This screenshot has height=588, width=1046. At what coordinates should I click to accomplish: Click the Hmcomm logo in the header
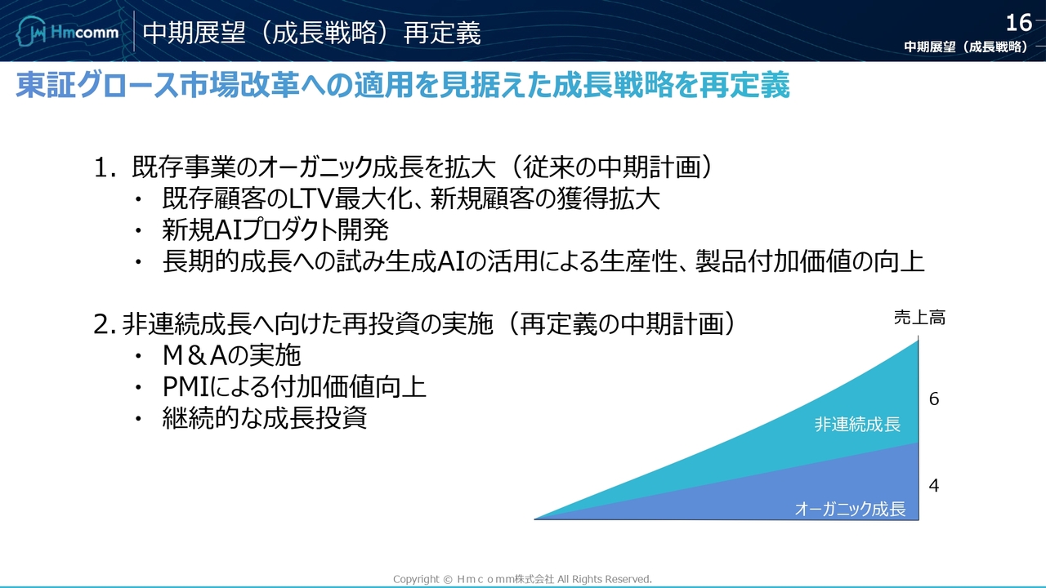coord(67,31)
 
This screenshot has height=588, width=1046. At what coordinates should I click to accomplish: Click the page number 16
coord(1018,23)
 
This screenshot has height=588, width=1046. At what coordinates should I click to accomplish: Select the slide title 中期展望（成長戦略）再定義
coord(311,33)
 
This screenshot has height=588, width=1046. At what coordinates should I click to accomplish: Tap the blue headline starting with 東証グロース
coord(403,85)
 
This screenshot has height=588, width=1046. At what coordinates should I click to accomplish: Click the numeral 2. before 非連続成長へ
coord(104,324)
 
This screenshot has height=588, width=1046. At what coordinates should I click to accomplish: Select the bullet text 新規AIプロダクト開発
coord(275,229)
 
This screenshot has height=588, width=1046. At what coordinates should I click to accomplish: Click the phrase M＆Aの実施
coord(231,355)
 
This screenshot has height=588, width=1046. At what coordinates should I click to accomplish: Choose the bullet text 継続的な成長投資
coord(264,417)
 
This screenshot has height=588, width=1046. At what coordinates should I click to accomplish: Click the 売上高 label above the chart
coord(919,318)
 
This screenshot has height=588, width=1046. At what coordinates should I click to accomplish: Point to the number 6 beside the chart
coord(934,399)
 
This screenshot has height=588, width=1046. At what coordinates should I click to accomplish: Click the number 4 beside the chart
coord(934,485)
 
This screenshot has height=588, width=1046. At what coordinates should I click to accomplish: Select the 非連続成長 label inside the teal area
coord(857,424)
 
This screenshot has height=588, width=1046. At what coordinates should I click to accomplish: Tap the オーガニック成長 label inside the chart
coord(851,509)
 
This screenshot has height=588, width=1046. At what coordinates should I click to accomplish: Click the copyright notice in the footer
coord(522,579)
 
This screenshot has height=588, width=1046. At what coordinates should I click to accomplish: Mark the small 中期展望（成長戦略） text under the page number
coord(966,47)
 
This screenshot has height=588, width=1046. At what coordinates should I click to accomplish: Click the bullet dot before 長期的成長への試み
coord(138,261)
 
